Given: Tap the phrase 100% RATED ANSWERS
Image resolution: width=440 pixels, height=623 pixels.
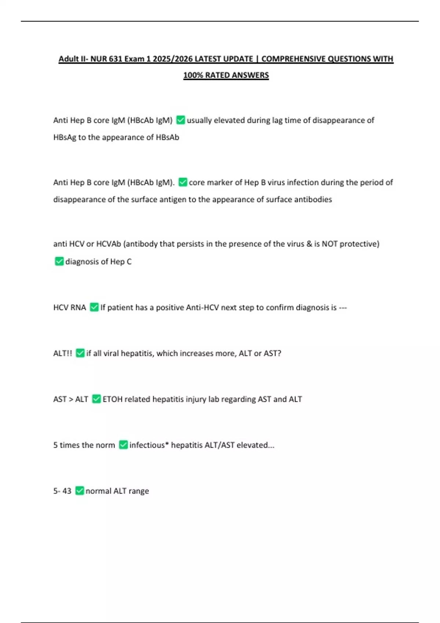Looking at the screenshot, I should pyautogui.click(x=226, y=75).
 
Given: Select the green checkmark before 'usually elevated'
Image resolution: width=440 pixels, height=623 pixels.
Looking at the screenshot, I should pyautogui.click(x=180, y=120).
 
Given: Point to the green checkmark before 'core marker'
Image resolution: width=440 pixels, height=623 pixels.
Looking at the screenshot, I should pyautogui.click(x=183, y=182).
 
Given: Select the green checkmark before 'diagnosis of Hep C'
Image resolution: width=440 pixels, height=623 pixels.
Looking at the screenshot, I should pyautogui.click(x=59, y=261).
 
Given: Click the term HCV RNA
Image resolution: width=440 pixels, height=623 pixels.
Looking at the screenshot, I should pyautogui.click(x=69, y=307).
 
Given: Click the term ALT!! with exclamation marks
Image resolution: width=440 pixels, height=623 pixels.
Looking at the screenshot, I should pyautogui.click(x=63, y=353).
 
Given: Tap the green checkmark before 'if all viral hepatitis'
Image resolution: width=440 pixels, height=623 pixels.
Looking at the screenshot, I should pyautogui.click(x=80, y=353).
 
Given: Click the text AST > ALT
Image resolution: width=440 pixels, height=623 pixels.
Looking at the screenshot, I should pyautogui.click(x=71, y=399).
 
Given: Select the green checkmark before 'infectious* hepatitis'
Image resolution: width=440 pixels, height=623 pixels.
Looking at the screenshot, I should pyautogui.click(x=123, y=445).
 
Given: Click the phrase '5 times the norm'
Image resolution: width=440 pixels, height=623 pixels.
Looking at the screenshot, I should pyautogui.click(x=84, y=445).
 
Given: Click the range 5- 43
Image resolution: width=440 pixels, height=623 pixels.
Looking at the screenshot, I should pyautogui.click(x=62, y=491).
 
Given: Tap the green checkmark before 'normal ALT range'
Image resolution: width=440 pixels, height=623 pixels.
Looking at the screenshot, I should pyautogui.click(x=80, y=491).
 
